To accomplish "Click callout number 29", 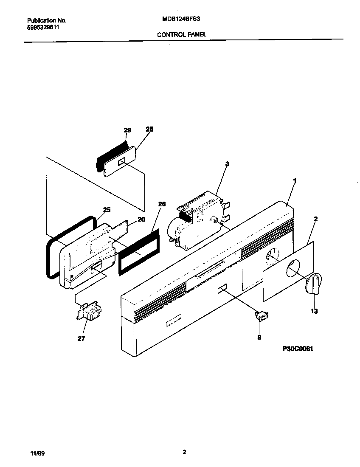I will tap(127, 130).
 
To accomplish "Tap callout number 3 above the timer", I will tap(227, 163).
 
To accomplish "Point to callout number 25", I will tap(107, 209).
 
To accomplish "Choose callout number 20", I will tap(141, 219).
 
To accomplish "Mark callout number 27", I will tap(82, 338).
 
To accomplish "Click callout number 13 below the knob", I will tap(314, 311).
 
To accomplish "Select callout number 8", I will tap(259, 338).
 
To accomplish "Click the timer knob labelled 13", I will tap(314, 284).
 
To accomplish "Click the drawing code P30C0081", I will tap(298, 349).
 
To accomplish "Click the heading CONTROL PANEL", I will tap(182, 35).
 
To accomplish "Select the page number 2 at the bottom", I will tap(184, 453).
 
